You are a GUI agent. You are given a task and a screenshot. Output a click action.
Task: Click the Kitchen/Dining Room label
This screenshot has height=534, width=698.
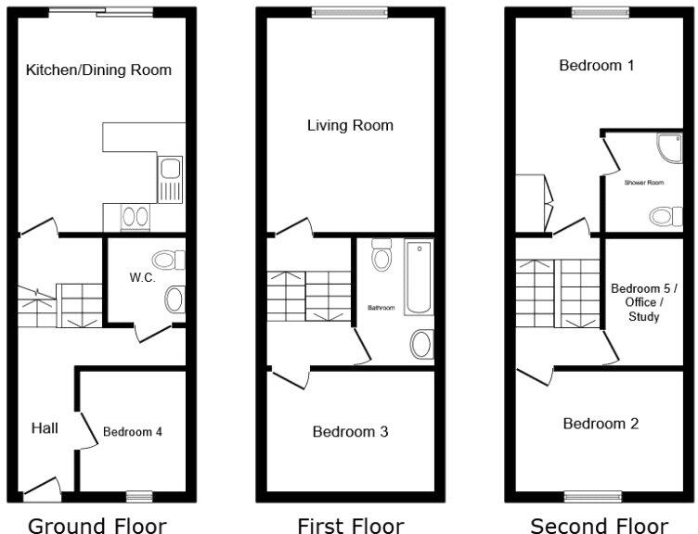click(x=98, y=70)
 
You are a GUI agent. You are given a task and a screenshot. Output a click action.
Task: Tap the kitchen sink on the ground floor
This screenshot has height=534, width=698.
click(x=170, y=179)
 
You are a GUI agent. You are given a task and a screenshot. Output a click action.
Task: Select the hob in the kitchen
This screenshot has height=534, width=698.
click(x=135, y=218)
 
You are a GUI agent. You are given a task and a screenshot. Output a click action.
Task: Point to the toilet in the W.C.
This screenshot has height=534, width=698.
click(x=169, y=258)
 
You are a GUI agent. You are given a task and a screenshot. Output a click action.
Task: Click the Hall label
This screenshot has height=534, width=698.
click(x=45, y=427)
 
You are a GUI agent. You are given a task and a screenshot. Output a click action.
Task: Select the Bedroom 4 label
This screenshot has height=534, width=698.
click(x=133, y=432)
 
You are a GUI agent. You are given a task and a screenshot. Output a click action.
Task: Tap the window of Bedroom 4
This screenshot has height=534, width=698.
click(x=139, y=494)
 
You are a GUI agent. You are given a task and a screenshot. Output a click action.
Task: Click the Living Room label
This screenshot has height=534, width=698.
click(x=350, y=125)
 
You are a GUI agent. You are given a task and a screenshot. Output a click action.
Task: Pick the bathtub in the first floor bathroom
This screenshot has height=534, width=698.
click(x=419, y=277)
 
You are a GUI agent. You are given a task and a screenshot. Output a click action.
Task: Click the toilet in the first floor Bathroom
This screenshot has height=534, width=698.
click(x=381, y=255)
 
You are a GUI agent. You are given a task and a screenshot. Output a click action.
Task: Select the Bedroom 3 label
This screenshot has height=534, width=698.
click(x=350, y=432)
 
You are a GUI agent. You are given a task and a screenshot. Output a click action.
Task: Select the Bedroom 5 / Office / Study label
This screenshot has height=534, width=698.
click(x=644, y=302)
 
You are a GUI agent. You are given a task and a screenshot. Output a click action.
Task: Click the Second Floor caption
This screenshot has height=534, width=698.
click(x=599, y=526)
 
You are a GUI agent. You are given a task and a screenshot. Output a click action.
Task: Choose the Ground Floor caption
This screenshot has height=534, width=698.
click(x=97, y=526)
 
